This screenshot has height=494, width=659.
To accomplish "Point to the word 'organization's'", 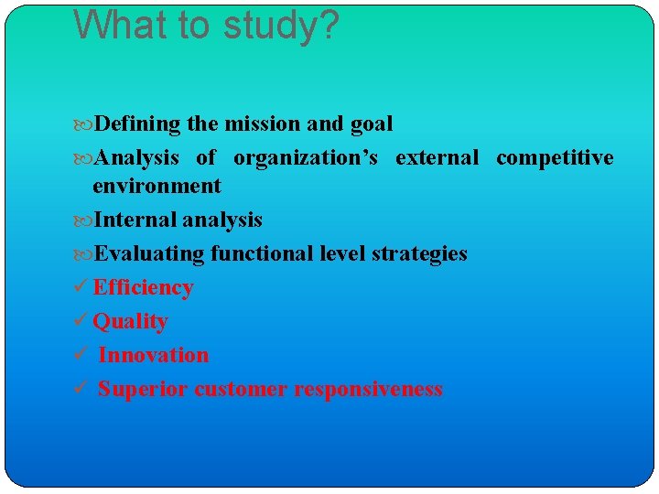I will click(x=305, y=158).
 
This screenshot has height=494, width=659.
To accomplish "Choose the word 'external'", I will click(x=437, y=158).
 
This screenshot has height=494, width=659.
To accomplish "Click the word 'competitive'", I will click(x=555, y=158).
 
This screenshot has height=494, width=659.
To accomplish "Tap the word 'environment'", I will click(x=157, y=187).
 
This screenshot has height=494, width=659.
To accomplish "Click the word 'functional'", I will click(x=264, y=253).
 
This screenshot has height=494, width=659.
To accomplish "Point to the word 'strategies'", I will click(x=419, y=254).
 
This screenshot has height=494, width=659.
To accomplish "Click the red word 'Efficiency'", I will click(x=143, y=288).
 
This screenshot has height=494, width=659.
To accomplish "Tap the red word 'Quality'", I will click(x=130, y=322).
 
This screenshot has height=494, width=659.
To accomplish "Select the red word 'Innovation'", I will click(x=153, y=355).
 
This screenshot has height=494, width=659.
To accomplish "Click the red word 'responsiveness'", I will click(x=368, y=389).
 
